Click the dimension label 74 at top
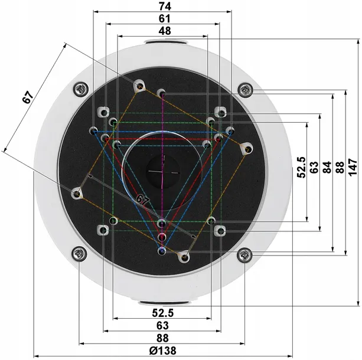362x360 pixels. click(165, 6)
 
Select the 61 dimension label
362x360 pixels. click(164, 19)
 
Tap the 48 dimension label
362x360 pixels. click(165, 31)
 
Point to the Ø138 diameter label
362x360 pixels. click(162, 351)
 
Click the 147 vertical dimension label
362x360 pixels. click(353, 167)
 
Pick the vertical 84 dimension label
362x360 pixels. click(327, 167)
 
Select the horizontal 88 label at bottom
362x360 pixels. click(162, 338)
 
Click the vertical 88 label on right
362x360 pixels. click(340, 167)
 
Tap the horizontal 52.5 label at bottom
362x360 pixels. click(163, 313)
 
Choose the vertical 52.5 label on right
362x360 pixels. click(302, 167)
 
